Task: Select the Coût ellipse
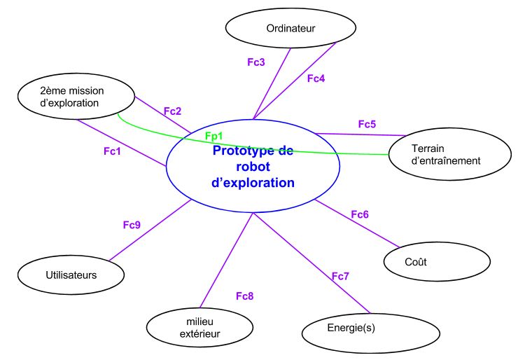point(416,262)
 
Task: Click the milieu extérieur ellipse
point(199,328)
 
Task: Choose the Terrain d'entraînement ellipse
point(446,154)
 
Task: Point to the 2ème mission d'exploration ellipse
point(69,97)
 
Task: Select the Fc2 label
point(172,111)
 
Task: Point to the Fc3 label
point(256,62)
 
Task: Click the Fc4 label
point(316,78)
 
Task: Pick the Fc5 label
point(367,124)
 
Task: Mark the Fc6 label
point(359,214)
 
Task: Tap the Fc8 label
point(245,296)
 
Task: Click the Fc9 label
point(132,225)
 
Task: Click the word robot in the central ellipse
point(253,167)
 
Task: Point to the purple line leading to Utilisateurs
point(150,230)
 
